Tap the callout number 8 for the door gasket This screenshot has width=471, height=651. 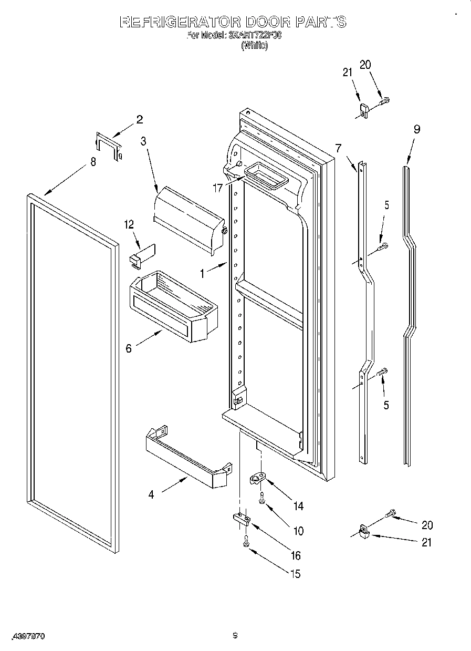(93, 162)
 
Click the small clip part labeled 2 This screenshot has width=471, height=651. (109, 146)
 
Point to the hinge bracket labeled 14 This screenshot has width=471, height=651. (257, 479)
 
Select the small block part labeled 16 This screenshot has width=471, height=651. (240, 519)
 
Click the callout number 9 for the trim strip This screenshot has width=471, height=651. (416, 129)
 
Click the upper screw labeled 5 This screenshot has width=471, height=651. (383, 245)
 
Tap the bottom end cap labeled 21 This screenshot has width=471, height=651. (362, 532)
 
